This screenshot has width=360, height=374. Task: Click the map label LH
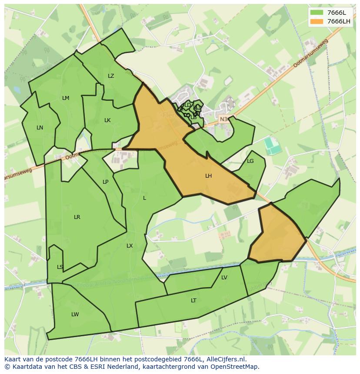(208, 176)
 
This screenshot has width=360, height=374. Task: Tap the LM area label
(66, 98)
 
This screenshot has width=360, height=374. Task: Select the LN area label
(40, 128)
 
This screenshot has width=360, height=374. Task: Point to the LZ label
(111, 76)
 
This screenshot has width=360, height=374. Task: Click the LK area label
(107, 120)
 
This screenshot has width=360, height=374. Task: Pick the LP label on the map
(105, 182)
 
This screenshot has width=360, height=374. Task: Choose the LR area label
(77, 217)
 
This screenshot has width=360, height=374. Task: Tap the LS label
(60, 267)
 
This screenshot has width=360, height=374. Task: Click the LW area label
(75, 314)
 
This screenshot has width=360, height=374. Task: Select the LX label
(130, 246)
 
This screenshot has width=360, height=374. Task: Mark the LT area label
(193, 300)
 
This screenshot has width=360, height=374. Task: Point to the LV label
(224, 278)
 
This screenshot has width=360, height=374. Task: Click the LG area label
(250, 161)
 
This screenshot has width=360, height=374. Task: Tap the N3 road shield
(223, 119)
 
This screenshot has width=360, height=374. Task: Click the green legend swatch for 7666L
(317, 13)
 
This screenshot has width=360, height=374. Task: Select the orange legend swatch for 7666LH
(317, 21)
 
